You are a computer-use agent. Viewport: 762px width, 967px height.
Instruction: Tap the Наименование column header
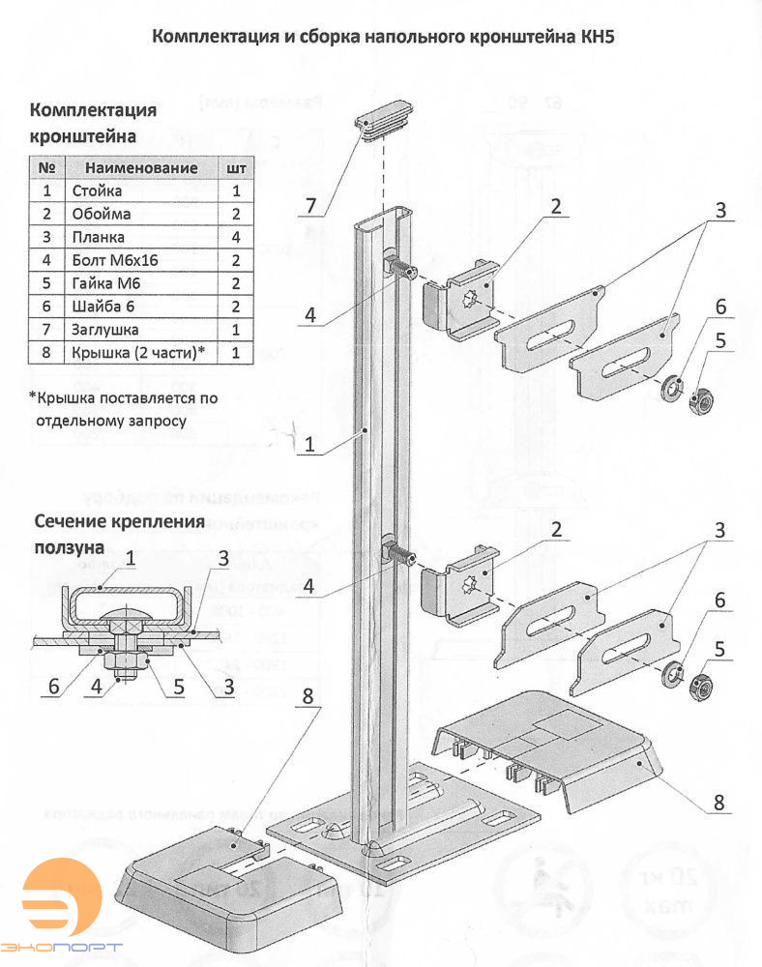[142, 167]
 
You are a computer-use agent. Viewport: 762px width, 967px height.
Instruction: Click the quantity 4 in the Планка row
[236, 237]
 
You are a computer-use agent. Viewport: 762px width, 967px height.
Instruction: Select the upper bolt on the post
[402, 269]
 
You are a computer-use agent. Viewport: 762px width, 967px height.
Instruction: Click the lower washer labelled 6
[669, 674]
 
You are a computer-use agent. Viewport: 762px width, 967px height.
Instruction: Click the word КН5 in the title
[595, 37]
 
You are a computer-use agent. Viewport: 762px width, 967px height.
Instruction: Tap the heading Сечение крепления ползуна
[118, 534]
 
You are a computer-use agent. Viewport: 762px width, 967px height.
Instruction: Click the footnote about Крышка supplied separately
[123, 408]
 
